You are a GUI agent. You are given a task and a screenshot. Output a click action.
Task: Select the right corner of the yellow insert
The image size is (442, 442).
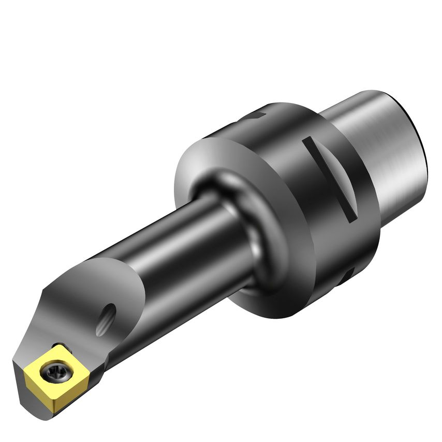78,365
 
